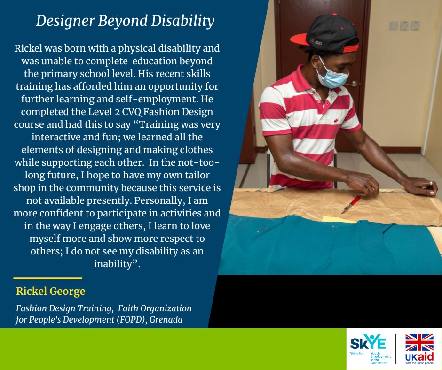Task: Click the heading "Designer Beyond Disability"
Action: click(x=125, y=21)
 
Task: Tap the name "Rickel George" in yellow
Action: click(x=51, y=292)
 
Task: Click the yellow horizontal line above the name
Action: click(x=47, y=278)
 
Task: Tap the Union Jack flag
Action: click(x=419, y=343)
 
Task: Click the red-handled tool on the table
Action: click(x=352, y=203)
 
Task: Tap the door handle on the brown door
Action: click(x=351, y=84)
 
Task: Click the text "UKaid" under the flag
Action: click(x=419, y=358)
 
